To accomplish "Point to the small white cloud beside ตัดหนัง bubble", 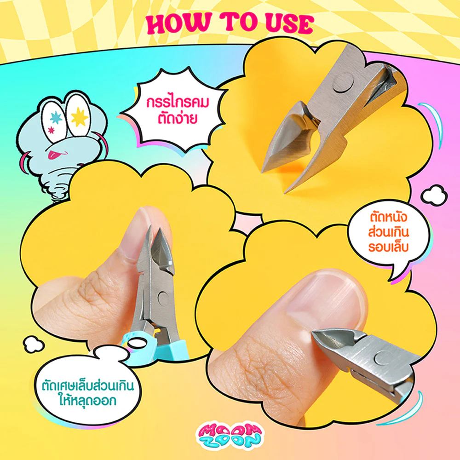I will click(x=433, y=195).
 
